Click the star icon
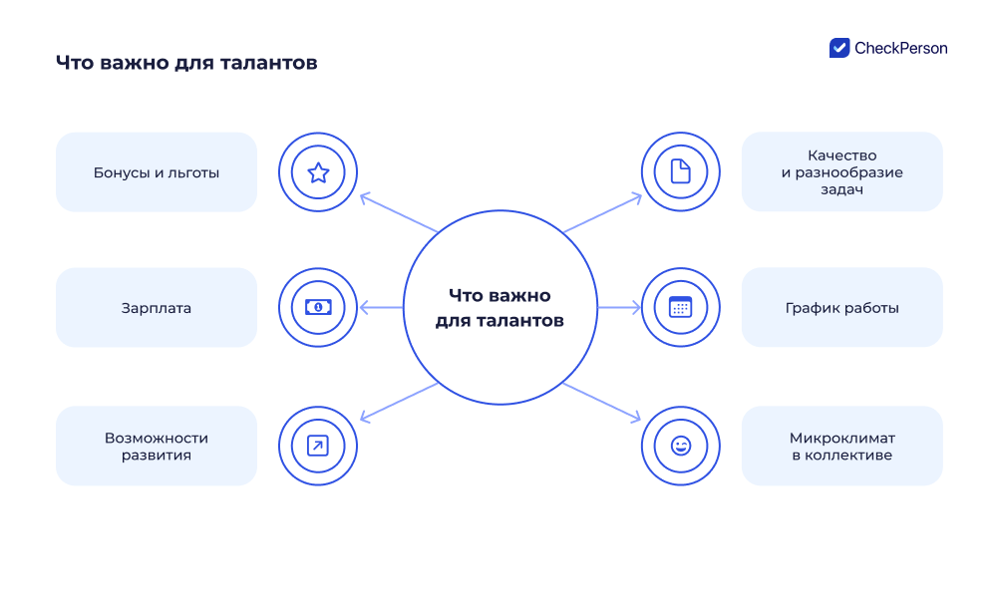coord(318,172)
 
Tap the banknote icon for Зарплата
coord(318,307)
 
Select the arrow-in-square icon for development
coord(318,446)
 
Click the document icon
coord(680,171)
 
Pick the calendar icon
coord(680,307)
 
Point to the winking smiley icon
coord(680,446)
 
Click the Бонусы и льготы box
coord(157,172)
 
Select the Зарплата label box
coord(157,308)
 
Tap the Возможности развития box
coord(157,446)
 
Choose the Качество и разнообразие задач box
coord(842,171)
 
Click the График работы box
coord(842,308)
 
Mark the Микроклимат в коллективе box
coord(842,446)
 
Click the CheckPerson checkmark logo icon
coord(839,48)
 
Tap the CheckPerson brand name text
coord(901,48)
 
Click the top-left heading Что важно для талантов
coord(186,63)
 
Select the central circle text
coord(499,308)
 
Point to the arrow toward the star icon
coord(399,213)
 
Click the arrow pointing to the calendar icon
coord(619,308)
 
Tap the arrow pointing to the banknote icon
coord(381,308)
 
